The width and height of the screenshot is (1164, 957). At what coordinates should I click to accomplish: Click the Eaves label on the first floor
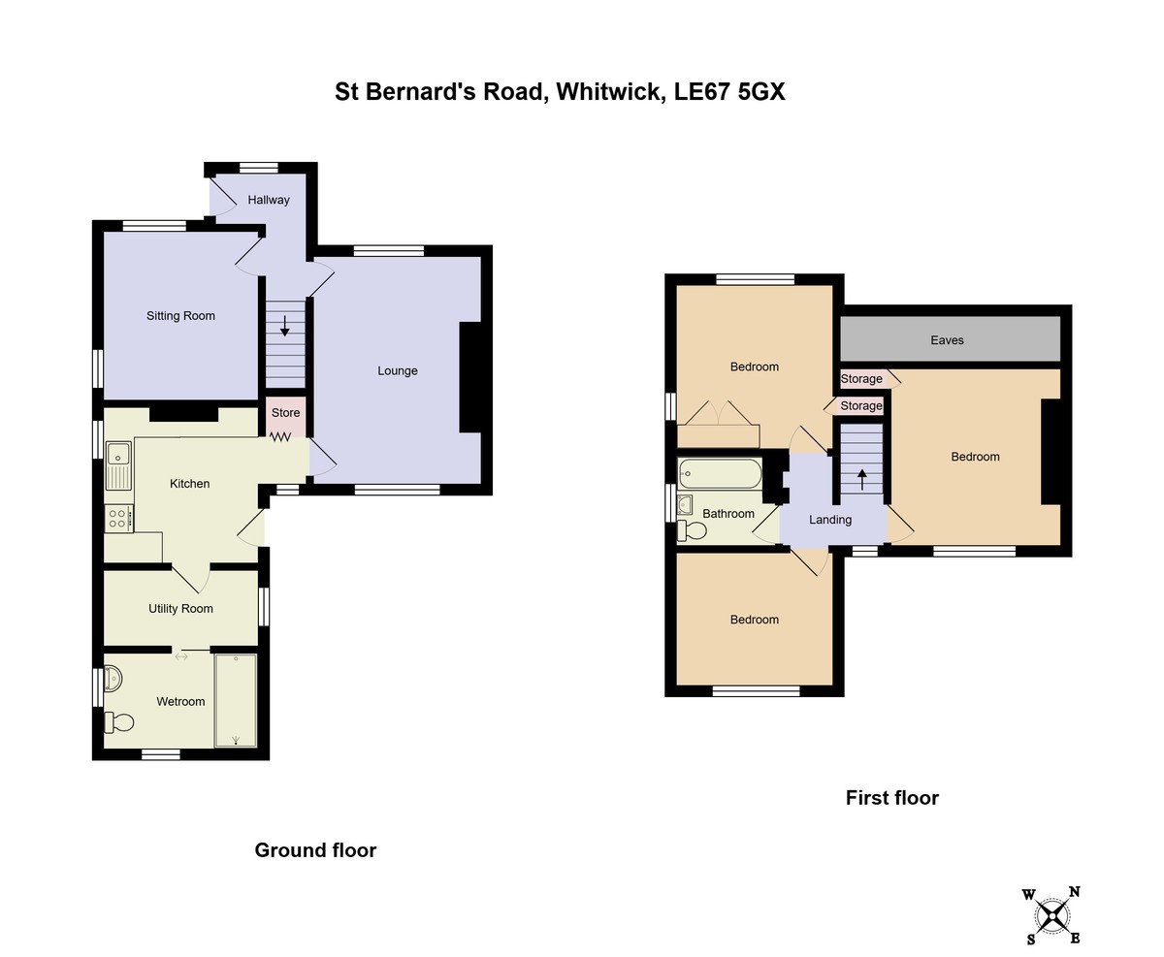point(947,340)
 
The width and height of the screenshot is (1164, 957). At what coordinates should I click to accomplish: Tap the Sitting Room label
point(180,316)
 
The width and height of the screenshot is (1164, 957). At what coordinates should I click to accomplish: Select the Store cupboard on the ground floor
point(285,416)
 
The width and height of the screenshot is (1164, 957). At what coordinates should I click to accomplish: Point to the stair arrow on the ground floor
point(285,326)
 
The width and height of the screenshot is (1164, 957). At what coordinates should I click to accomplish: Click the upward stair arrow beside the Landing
point(862,480)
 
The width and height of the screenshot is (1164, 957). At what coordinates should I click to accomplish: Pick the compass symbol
point(1052,916)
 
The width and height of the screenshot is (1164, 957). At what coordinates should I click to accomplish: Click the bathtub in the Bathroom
point(720,473)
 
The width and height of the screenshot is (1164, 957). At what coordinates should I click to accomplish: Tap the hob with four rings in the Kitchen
point(118,519)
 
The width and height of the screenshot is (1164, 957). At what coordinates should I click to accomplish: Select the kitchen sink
point(118,465)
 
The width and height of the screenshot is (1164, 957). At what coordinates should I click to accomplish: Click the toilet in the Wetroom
point(119,722)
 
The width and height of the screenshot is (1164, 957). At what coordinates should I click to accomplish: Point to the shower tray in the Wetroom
point(236,700)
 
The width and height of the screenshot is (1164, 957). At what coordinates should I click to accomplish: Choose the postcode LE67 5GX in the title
point(729,91)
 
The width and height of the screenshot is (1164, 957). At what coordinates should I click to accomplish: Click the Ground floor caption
point(315,850)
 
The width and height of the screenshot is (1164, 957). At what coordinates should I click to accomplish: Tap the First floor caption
point(891,798)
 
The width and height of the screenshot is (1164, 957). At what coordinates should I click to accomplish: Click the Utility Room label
point(180,608)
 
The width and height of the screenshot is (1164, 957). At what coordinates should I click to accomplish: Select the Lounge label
point(398,371)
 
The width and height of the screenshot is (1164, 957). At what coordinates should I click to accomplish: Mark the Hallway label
point(269,201)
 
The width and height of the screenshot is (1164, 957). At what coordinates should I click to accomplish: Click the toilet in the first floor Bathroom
point(692,530)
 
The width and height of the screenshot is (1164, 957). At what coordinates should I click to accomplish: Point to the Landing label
point(830,520)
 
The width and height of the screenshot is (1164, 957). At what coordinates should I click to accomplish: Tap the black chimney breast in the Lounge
point(470,377)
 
